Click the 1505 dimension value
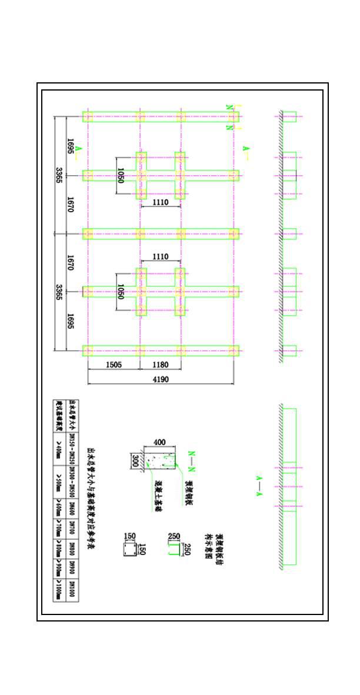(x=114, y=365)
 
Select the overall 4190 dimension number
(x=160, y=380)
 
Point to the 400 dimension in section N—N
(x=159, y=442)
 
